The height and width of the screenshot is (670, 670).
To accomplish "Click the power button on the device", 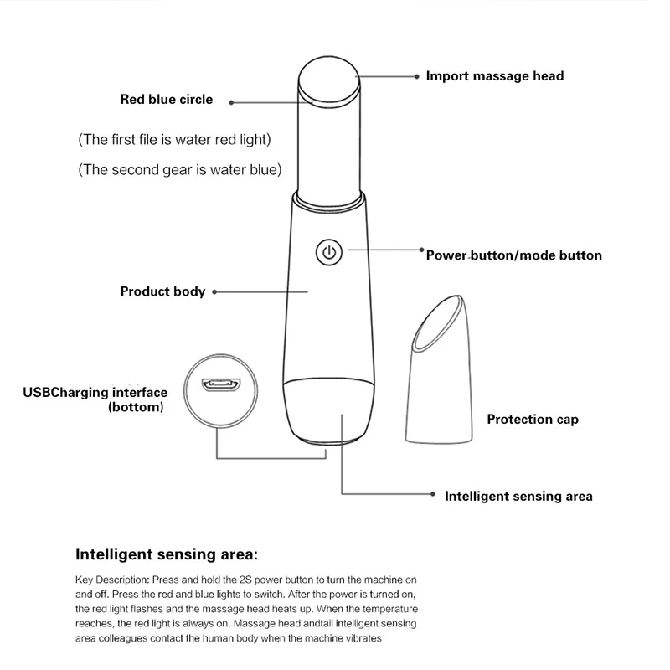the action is (329, 252).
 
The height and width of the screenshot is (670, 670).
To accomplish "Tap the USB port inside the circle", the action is (221, 384).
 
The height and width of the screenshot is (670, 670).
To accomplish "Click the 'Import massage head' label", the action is (495, 76).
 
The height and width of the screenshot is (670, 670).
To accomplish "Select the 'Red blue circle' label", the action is (166, 99).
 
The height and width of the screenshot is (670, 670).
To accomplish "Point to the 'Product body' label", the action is (162, 291).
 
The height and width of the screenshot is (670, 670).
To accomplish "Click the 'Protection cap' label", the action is (533, 420).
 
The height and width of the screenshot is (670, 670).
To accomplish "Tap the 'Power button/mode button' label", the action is (514, 255).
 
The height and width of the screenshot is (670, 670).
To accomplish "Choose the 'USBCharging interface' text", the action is (95, 392).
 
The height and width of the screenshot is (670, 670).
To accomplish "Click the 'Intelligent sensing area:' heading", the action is (167, 554).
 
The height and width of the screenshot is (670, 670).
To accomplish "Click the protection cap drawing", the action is (439, 369).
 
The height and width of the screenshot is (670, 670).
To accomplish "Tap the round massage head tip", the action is (329, 78).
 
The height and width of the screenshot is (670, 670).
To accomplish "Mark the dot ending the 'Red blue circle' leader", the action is (231, 102).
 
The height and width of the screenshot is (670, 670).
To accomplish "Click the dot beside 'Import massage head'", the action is (417, 76).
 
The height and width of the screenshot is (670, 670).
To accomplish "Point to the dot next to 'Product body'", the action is (214, 291).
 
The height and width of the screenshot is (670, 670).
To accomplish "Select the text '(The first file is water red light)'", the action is (174, 140).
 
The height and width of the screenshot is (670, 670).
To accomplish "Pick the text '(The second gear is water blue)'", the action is (180, 170).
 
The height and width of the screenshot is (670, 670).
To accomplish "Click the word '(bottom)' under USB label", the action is (136, 407).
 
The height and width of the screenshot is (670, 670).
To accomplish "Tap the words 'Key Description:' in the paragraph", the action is (112, 580).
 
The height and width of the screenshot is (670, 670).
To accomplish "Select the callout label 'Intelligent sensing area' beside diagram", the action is (518, 496).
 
